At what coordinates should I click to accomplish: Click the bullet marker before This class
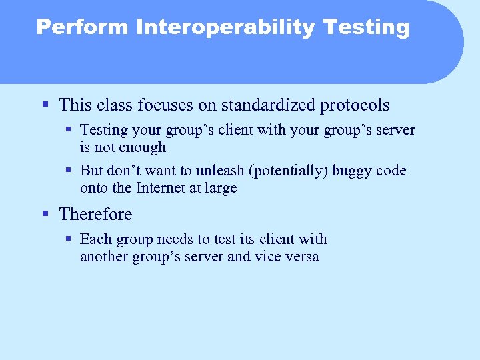click(x=45, y=105)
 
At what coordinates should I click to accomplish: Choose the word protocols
click(x=356, y=105)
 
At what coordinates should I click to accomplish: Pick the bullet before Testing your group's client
click(x=69, y=130)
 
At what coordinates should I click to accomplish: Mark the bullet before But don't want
click(x=69, y=171)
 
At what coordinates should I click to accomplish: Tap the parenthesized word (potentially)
click(x=291, y=171)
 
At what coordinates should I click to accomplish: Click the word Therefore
click(x=95, y=215)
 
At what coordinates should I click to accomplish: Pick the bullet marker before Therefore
click(x=45, y=214)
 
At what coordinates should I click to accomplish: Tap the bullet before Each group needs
click(x=69, y=239)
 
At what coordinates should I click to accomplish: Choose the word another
click(x=105, y=257)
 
